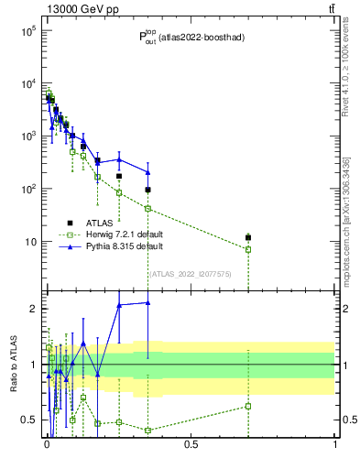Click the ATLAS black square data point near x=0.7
pyautogui.click(x=247, y=238)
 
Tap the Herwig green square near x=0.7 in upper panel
pyautogui.click(x=247, y=249)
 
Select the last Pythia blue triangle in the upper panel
pyautogui.click(x=147, y=172)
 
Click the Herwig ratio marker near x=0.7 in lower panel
pyautogui.click(x=247, y=406)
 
